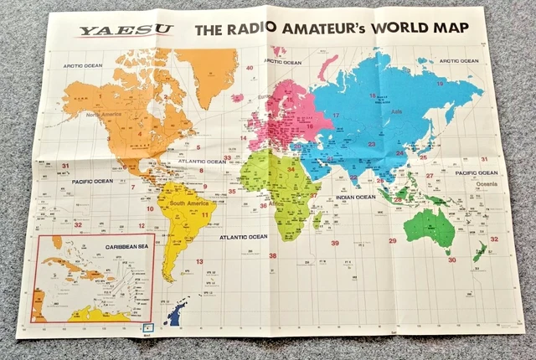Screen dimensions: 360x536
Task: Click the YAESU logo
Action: click(x=126, y=32)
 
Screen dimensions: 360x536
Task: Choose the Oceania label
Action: click(x=488, y=183)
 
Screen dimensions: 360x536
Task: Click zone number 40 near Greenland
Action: click(x=250, y=67)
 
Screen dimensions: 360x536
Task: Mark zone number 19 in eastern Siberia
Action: click(x=439, y=84)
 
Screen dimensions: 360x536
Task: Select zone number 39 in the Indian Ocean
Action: click(x=335, y=243)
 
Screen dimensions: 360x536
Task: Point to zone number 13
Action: click(x=199, y=262)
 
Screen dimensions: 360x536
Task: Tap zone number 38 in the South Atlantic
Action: click(x=272, y=256)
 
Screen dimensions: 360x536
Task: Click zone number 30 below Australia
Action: click(x=451, y=260)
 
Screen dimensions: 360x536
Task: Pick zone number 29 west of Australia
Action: click(x=392, y=241)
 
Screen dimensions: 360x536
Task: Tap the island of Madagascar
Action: click(x=317, y=220)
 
